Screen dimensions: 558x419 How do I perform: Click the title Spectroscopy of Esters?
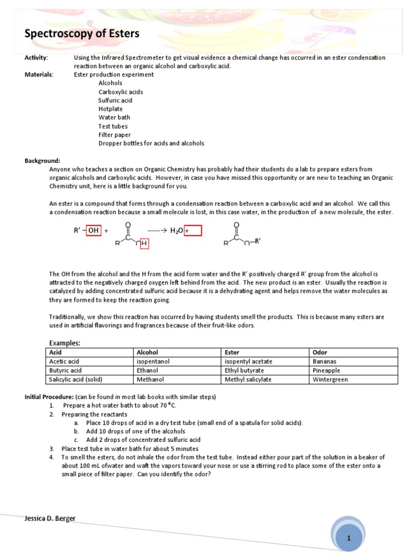point(82,34)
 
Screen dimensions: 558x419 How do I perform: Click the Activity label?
point(36,58)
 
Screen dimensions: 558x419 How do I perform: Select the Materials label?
point(39,75)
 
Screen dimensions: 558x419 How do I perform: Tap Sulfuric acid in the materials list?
point(115,100)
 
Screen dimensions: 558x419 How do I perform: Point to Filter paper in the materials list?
point(115,135)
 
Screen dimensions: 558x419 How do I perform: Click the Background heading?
point(42,161)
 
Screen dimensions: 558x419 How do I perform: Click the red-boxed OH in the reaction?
point(93,231)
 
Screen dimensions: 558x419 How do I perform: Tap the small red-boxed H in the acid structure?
point(145,244)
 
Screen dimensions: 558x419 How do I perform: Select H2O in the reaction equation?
point(176,231)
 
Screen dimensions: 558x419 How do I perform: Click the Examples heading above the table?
point(64,343)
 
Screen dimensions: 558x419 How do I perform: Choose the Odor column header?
point(320,353)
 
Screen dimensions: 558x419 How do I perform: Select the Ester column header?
point(232,353)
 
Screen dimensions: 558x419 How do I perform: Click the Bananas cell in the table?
point(325,361)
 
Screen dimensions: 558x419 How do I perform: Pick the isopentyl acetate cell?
point(248,361)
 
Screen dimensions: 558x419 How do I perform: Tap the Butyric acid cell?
point(65,370)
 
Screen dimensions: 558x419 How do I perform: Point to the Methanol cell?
point(150,379)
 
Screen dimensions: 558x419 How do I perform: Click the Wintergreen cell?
point(330,379)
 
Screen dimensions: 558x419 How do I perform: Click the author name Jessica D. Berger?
point(50,518)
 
